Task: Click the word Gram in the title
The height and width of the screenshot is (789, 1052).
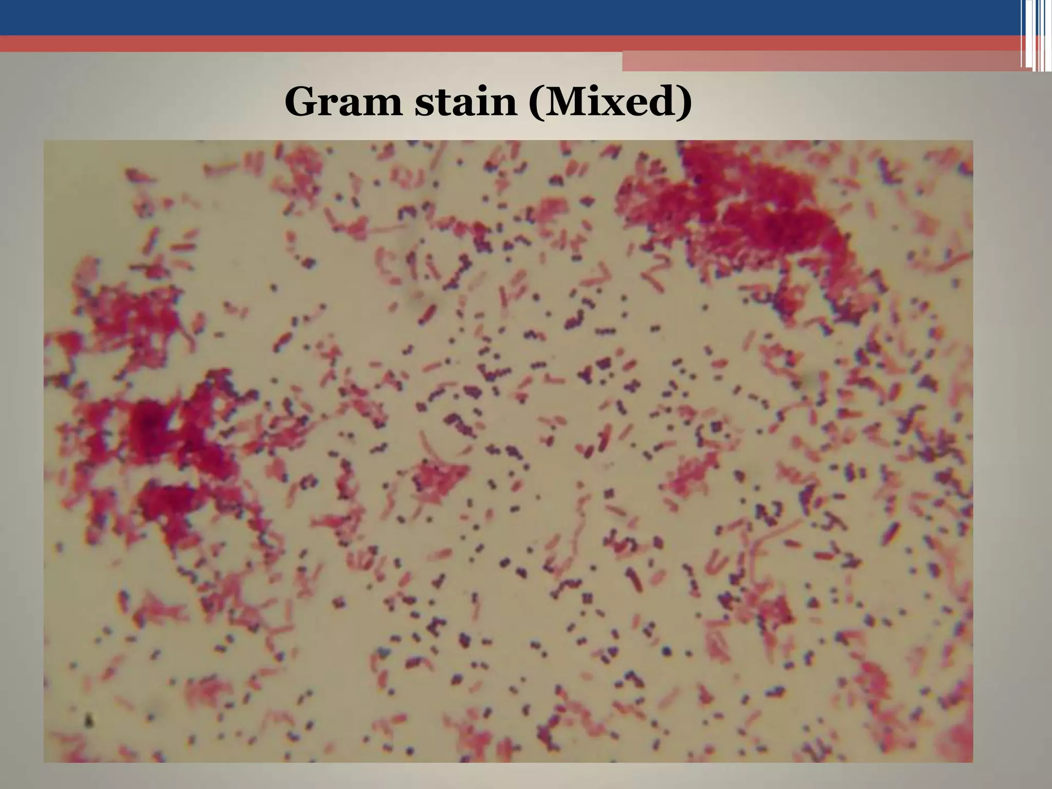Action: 343,102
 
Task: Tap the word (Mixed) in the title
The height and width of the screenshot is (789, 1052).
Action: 611,102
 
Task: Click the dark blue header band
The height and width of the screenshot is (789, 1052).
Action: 462,17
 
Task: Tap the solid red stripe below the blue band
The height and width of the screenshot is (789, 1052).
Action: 462,43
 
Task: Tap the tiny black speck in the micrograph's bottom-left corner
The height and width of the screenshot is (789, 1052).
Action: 89,720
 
